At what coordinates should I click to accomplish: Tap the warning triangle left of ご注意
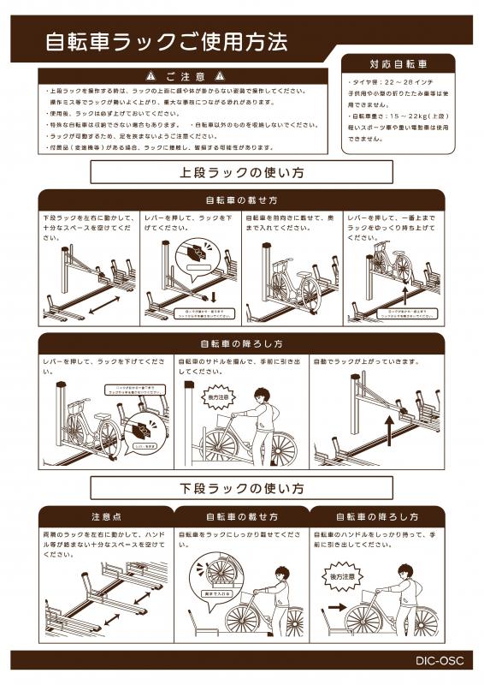[x=151, y=75]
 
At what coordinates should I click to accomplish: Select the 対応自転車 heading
[x=398, y=64]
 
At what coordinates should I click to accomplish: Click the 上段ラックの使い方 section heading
[x=242, y=172]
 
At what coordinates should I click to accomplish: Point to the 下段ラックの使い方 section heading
[x=242, y=489]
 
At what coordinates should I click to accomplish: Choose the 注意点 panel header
[x=107, y=517]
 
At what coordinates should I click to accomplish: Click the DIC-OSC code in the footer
[x=440, y=661]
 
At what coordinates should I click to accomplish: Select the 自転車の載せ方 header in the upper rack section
[x=242, y=200]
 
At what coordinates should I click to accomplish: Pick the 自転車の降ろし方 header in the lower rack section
[x=376, y=517]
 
